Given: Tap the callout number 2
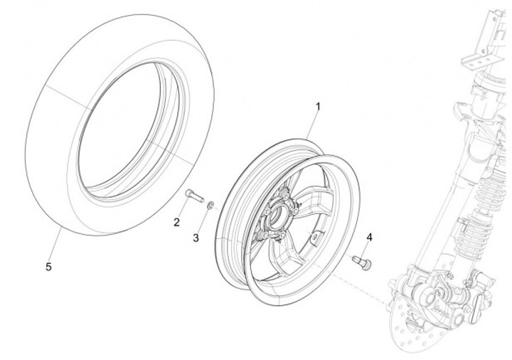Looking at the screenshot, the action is pos(176,222).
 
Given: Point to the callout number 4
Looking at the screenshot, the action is pos(369,236).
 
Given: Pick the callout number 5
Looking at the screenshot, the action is pos(48,267).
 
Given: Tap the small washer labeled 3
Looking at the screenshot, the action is pos(210,206).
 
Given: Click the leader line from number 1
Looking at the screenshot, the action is pos(312,125).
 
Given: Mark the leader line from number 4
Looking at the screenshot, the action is pos(367,248).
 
